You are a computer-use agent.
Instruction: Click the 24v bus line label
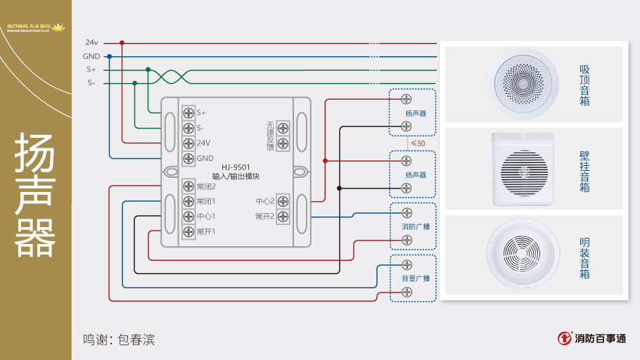tap(91, 42)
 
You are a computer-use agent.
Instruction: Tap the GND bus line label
tap(91, 56)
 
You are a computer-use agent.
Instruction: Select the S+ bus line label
tap(91, 70)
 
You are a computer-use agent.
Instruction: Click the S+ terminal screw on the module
tap(188, 112)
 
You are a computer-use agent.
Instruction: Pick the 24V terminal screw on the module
tap(188, 143)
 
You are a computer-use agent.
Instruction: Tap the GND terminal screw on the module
tap(188, 158)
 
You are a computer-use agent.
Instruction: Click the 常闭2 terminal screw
tap(188, 186)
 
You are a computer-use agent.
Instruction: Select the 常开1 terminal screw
tap(188, 231)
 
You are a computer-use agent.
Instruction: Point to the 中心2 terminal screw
tap(283, 201)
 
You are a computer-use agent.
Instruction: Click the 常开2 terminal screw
tap(283, 217)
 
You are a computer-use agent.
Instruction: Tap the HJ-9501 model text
tap(236, 167)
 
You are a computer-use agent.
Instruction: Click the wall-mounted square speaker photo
tap(525, 169)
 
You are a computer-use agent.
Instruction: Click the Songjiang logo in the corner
tap(35, 29)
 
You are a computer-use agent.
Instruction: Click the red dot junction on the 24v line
tap(122, 42)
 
